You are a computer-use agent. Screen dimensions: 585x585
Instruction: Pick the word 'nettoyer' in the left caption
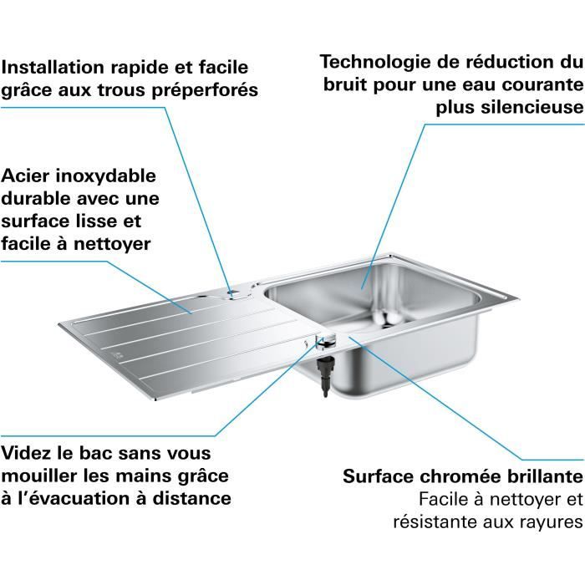pos(114,244)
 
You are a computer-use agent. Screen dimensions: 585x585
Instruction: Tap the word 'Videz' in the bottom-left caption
pos(28,453)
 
